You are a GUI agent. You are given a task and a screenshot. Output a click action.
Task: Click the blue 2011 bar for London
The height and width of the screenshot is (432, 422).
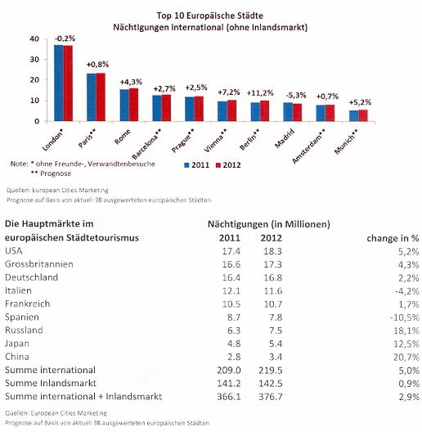59,83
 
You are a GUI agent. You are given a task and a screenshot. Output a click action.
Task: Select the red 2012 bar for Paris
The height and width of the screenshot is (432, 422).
101,97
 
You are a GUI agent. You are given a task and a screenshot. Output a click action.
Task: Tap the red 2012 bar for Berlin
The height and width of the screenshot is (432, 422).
264,111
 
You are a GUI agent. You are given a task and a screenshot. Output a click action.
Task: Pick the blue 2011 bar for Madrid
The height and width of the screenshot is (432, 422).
288,112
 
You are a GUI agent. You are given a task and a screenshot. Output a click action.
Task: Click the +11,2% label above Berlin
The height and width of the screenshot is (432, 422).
260,93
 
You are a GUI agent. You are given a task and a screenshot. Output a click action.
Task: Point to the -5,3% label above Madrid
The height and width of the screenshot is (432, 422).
296,96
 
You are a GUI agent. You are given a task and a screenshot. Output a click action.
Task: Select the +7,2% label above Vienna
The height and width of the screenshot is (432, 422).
229,92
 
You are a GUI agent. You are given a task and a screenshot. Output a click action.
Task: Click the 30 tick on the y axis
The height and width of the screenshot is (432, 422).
34,59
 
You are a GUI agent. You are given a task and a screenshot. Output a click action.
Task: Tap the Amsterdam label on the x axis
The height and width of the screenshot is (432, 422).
308,146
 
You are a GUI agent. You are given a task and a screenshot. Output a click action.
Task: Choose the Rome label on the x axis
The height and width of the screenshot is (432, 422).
123,137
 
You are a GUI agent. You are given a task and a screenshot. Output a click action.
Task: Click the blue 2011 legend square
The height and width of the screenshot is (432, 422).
186,165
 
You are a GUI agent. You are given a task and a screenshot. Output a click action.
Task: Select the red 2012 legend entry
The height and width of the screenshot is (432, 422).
228,165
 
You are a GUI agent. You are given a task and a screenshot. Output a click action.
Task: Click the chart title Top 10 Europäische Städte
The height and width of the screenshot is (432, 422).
210,16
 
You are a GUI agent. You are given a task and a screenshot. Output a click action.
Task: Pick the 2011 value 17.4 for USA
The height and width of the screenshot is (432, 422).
231,251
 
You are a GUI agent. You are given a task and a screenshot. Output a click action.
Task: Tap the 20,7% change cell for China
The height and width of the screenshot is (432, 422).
406,358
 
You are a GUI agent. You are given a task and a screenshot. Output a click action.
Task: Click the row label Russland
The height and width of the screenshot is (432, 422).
24,330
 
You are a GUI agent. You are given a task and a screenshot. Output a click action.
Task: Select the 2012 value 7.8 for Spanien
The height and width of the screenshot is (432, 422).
276,317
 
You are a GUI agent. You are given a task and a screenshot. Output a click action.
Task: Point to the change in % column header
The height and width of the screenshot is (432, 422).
393,238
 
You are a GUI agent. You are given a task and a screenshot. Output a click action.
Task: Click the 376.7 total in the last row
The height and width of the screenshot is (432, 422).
271,397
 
